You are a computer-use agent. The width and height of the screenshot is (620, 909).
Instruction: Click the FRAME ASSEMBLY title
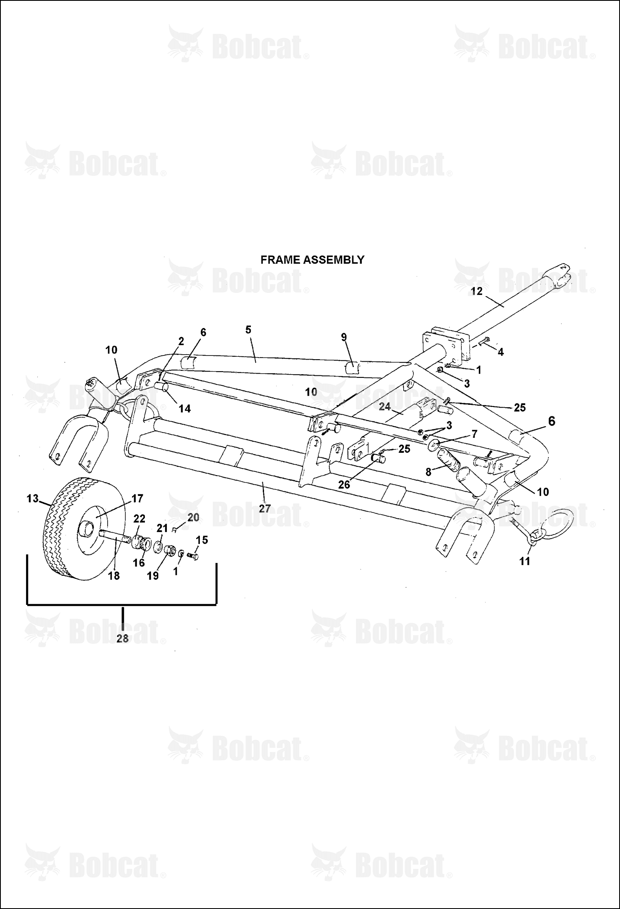pyautogui.click(x=312, y=260)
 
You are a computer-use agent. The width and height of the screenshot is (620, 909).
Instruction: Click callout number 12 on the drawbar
pyautogui.click(x=477, y=291)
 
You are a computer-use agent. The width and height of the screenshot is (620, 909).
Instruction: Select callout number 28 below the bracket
pyautogui.click(x=123, y=638)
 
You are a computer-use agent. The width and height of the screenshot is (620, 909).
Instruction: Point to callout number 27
pyautogui.click(x=264, y=508)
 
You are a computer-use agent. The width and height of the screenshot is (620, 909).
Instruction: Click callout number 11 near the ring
pyautogui.click(x=524, y=561)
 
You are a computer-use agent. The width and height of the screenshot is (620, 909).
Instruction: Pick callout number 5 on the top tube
pyautogui.click(x=248, y=330)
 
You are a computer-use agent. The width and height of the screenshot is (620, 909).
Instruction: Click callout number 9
pyautogui.click(x=344, y=337)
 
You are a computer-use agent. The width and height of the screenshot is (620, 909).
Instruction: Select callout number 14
pyautogui.click(x=185, y=409)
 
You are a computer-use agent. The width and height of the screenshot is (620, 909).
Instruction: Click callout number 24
pyautogui.click(x=385, y=407)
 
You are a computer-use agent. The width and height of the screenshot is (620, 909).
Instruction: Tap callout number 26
pyautogui.click(x=344, y=484)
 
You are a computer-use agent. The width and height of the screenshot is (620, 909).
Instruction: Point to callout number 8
pyautogui.click(x=428, y=472)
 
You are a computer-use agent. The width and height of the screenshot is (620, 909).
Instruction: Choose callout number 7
pyautogui.click(x=474, y=434)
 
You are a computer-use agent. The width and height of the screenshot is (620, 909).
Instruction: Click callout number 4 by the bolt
pyautogui.click(x=500, y=352)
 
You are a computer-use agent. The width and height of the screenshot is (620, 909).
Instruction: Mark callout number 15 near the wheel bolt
pyautogui.click(x=202, y=540)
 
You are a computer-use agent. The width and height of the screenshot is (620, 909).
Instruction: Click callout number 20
pyautogui.click(x=193, y=517)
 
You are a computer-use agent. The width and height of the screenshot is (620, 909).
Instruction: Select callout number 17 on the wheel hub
pyautogui.click(x=137, y=498)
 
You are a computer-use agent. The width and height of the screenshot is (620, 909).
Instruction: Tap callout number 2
pyautogui.click(x=181, y=341)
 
